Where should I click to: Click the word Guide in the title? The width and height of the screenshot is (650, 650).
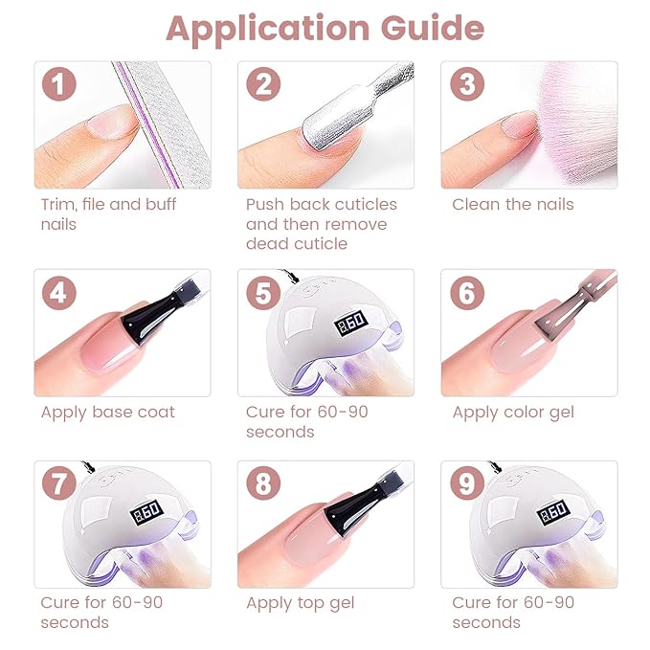click(434, 30)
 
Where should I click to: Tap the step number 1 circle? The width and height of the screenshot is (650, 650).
click(58, 84)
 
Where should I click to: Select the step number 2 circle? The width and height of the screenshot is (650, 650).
click(262, 84)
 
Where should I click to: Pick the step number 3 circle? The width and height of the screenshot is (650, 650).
click(466, 84)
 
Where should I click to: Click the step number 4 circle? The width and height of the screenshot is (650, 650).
click(58, 292)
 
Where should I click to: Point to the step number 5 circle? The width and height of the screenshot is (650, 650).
click(262, 292)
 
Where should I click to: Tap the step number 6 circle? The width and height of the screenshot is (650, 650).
click(466, 292)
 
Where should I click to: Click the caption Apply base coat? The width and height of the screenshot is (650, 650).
click(107, 413)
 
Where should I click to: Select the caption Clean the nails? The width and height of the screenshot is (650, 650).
click(512, 205)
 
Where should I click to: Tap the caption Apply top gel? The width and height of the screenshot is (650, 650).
click(300, 603)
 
